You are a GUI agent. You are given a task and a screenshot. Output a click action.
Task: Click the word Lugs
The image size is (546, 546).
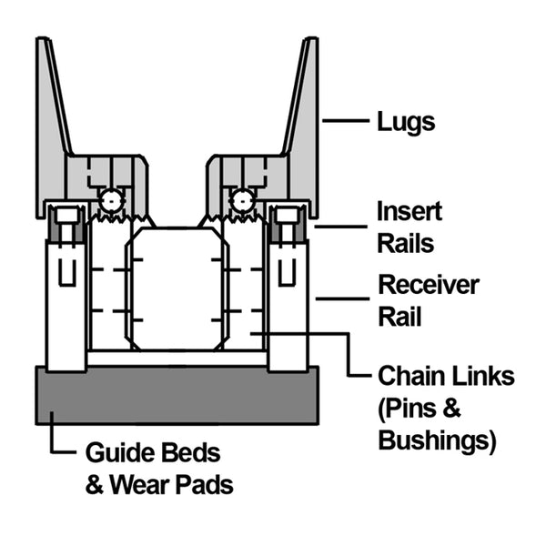[406, 120]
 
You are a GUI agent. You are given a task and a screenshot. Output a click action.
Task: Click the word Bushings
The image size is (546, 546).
[435, 442]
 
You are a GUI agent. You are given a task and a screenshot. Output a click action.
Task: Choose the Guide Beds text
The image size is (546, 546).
[153, 452]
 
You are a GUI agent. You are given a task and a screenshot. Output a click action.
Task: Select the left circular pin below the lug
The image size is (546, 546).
[111, 199]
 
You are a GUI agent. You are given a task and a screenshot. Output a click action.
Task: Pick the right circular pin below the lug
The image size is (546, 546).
[242, 199]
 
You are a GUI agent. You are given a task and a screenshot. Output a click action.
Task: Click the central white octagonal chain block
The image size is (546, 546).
[177, 288]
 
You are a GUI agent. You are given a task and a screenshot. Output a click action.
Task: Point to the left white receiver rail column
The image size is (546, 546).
[66, 300]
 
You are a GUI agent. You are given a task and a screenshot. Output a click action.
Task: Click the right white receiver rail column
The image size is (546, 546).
[288, 300]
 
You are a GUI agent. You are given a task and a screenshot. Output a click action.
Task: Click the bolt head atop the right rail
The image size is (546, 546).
[287, 216]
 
